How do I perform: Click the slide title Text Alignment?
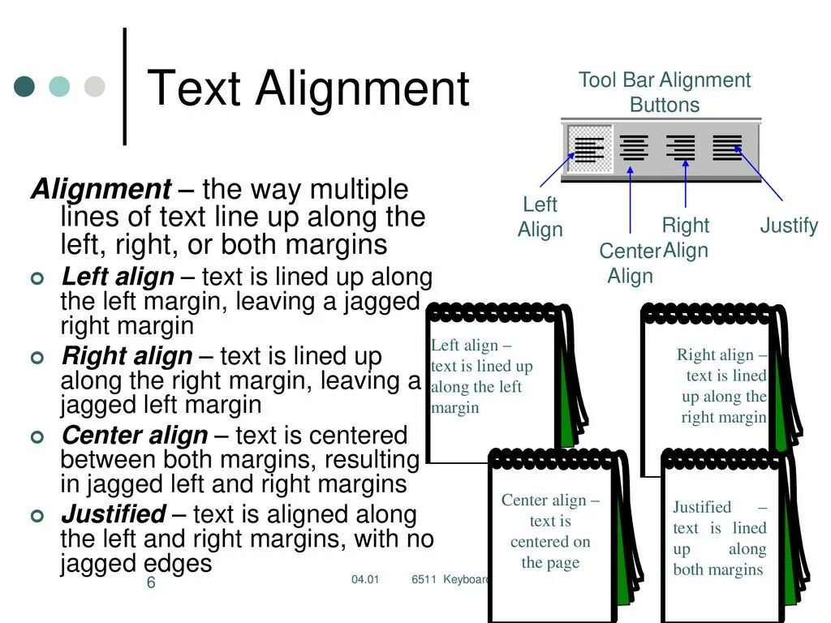click(308, 88)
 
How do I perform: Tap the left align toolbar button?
click(590, 148)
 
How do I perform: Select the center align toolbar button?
click(634, 148)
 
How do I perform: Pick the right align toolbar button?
click(680, 148)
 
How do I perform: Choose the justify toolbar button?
click(727, 148)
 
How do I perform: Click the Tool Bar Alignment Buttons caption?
click(664, 92)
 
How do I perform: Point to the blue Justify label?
click(788, 226)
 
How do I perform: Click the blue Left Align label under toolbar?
click(540, 217)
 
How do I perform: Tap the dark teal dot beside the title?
click(25, 87)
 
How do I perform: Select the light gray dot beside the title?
click(95, 87)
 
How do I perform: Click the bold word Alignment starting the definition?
click(101, 190)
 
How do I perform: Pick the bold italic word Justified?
click(114, 514)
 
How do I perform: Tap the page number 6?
click(151, 583)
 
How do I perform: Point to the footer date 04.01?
click(365, 579)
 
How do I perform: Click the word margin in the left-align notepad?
click(454, 408)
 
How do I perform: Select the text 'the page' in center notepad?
click(550, 563)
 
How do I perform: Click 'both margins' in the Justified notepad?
click(717, 569)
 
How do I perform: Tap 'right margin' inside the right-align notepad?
click(723, 418)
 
